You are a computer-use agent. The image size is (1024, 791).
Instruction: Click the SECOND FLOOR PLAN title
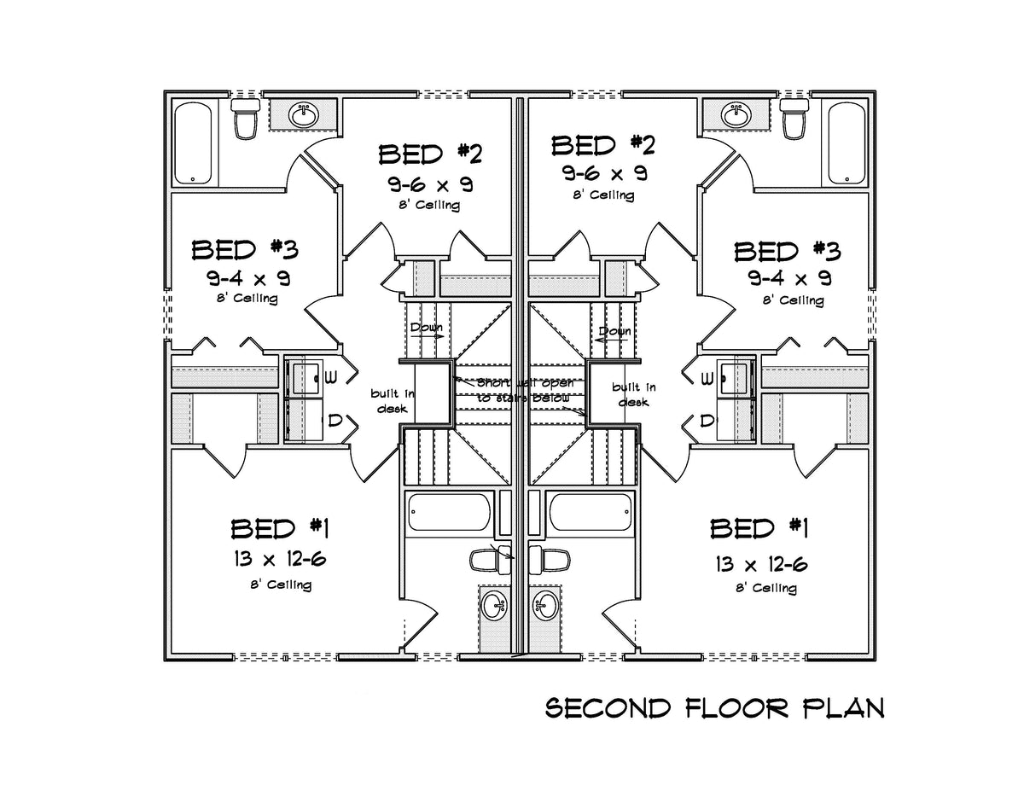pos(714,709)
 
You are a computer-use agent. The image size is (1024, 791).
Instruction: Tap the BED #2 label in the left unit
pos(430,154)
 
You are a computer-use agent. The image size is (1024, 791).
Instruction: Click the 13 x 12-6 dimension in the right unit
pos(759,563)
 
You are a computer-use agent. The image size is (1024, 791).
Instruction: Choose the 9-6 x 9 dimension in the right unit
pos(603,173)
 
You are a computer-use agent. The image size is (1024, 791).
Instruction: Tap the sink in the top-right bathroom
pos(735,113)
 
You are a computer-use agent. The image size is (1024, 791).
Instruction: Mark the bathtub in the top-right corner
pos(845,142)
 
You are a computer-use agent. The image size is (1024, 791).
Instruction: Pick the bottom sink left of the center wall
pos(494,608)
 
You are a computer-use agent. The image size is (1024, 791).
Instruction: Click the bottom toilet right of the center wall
pos(550,560)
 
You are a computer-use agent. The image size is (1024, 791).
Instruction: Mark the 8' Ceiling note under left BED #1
pos(280,585)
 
